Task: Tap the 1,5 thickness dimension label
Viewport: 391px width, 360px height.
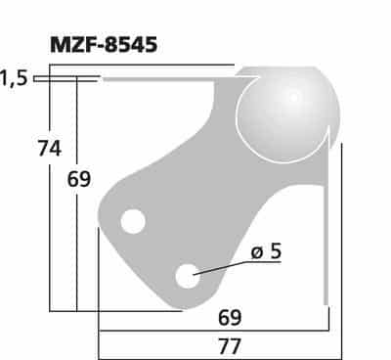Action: (14, 78)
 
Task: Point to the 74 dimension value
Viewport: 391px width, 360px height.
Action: (49, 149)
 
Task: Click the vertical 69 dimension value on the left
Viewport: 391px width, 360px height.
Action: (79, 179)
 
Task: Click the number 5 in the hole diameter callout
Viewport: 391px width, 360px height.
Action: (275, 251)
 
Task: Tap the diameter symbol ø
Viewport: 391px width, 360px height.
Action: (256, 252)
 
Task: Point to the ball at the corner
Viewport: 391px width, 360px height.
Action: (287, 112)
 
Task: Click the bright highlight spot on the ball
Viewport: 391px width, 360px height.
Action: (293, 96)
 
